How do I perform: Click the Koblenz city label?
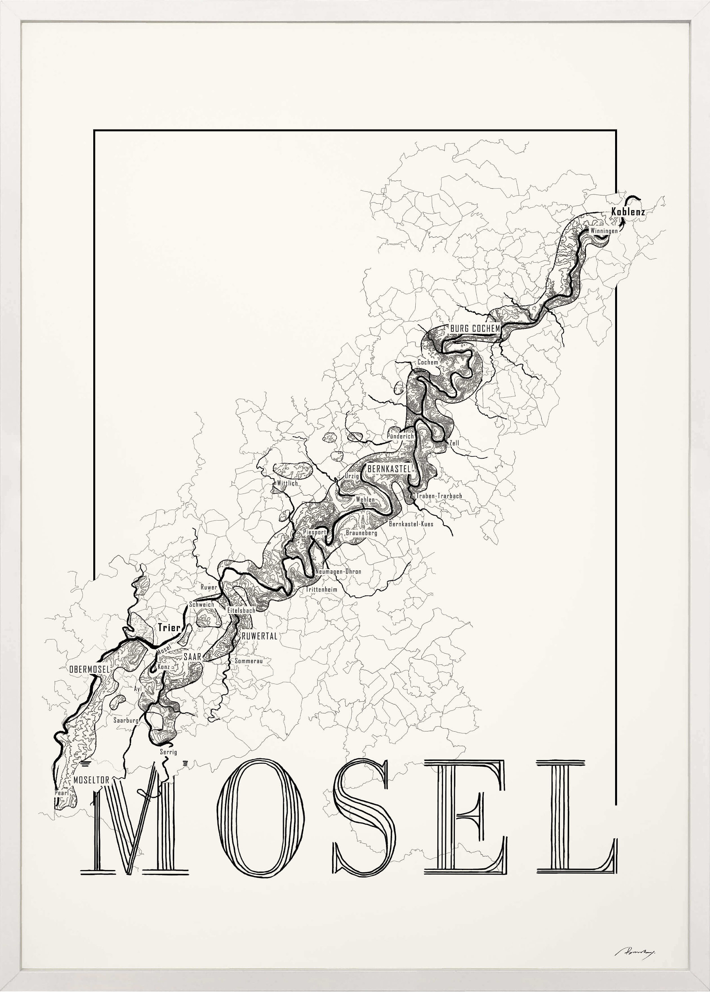[x=628, y=212]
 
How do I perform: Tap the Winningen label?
[x=604, y=230]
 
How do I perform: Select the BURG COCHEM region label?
[x=475, y=328]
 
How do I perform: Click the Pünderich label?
[x=400, y=436]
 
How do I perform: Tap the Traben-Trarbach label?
[x=439, y=496]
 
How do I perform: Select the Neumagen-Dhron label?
[x=338, y=571]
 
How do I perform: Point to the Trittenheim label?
[x=321, y=589]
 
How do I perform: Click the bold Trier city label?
[x=169, y=628]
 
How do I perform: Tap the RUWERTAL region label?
[x=259, y=636]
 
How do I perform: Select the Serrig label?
[x=168, y=752]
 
